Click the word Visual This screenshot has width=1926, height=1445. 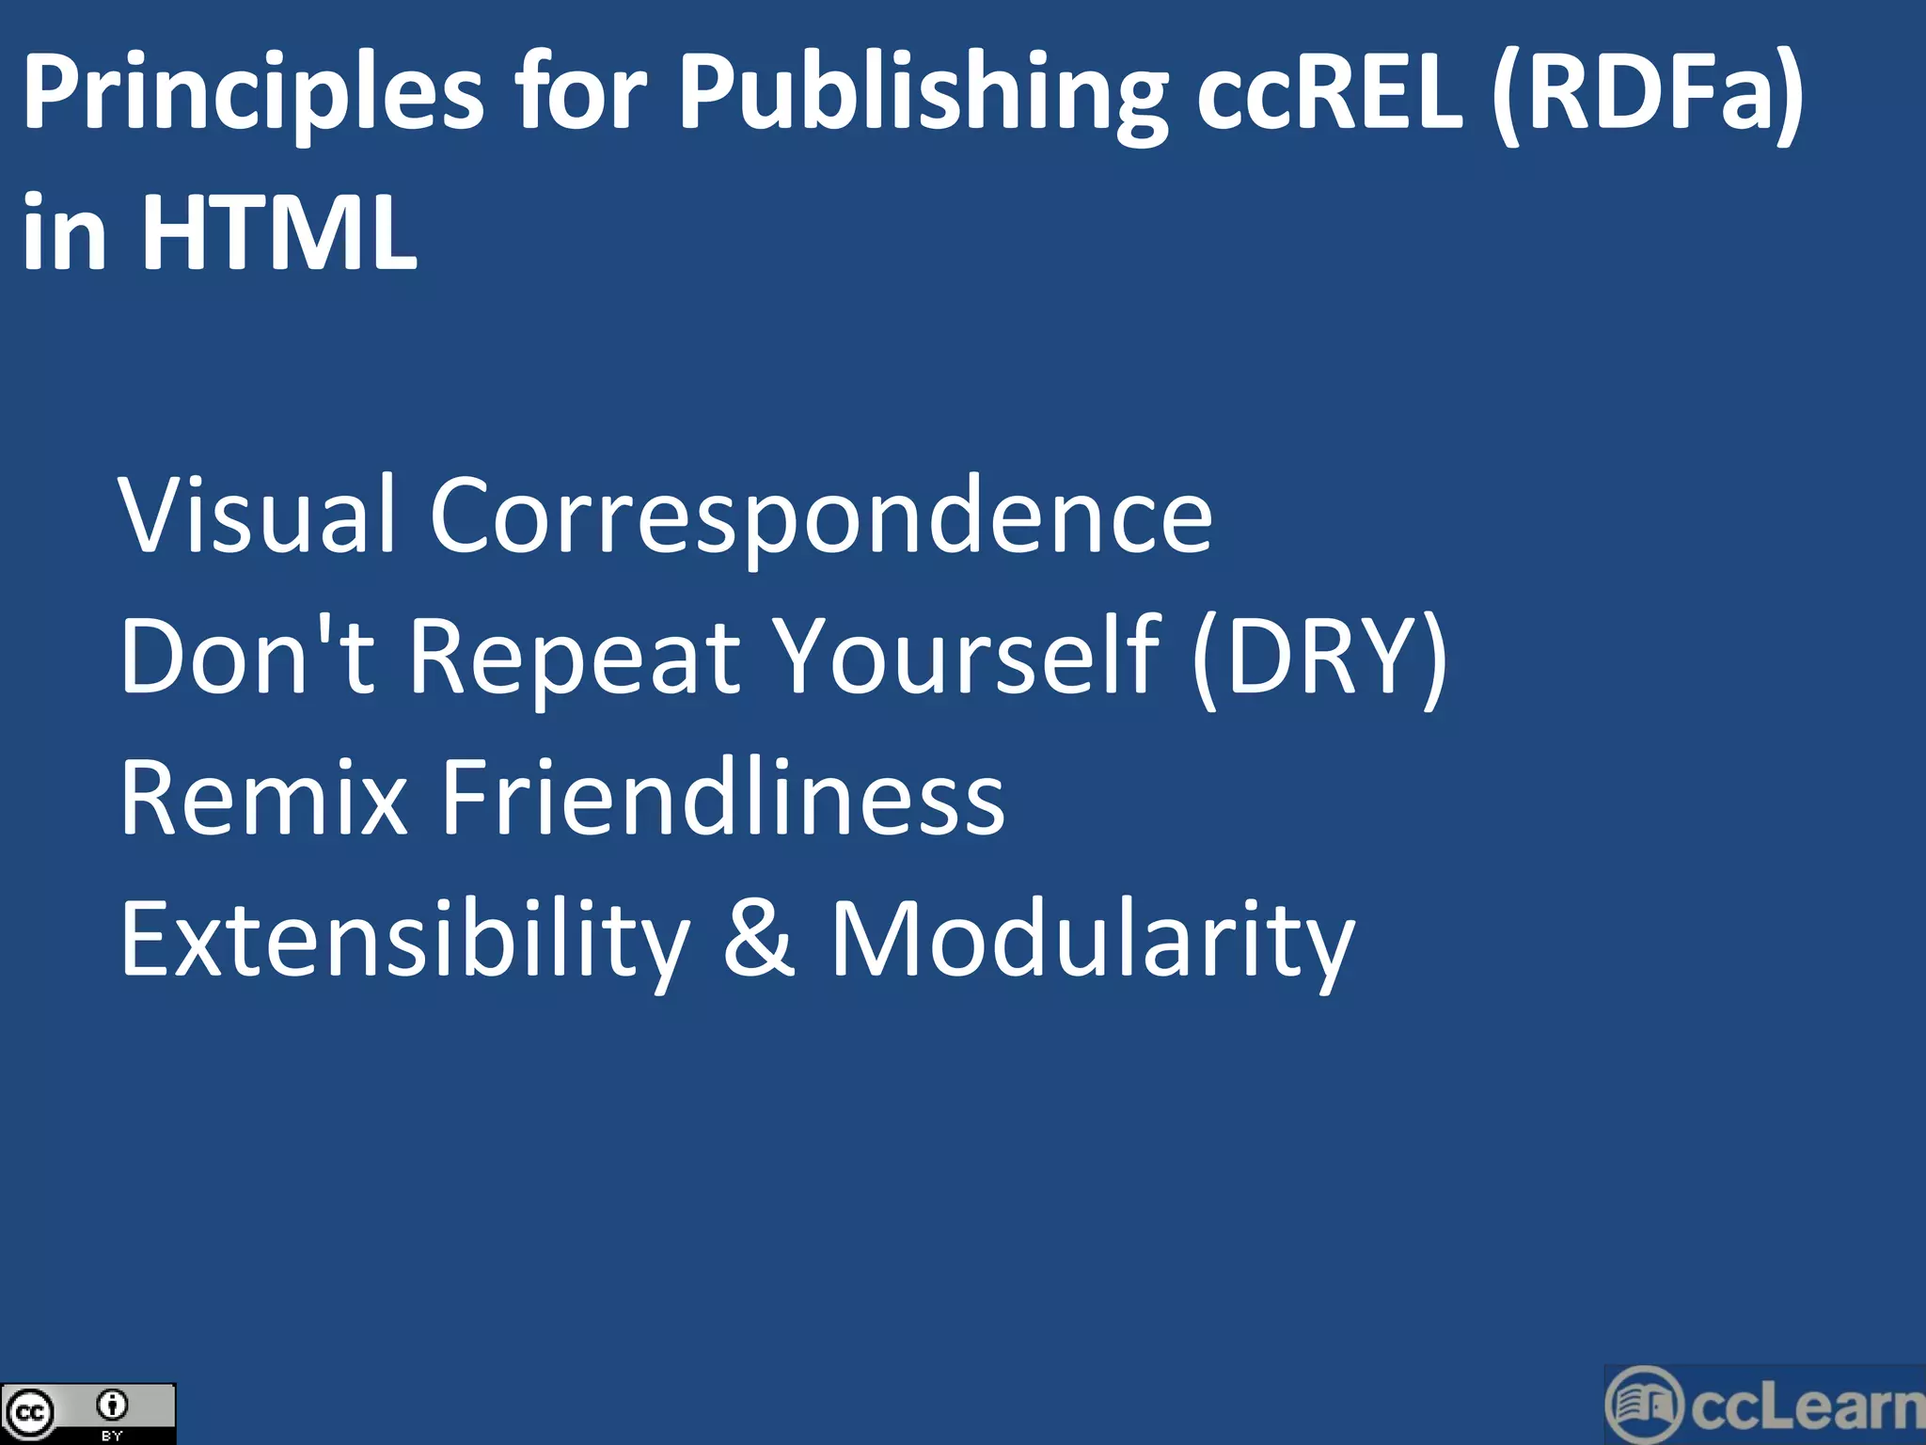[x=257, y=516]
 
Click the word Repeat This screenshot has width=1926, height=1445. [x=575, y=657]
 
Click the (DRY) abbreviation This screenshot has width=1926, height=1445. [x=1319, y=657]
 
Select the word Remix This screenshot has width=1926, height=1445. [x=264, y=798]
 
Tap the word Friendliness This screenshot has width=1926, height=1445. [x=723, y=798]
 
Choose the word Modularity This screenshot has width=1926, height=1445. [x=1092, y=939]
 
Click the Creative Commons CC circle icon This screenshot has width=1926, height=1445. [x=28, y=1413]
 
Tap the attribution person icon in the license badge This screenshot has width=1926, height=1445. [x=112, y=1405]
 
